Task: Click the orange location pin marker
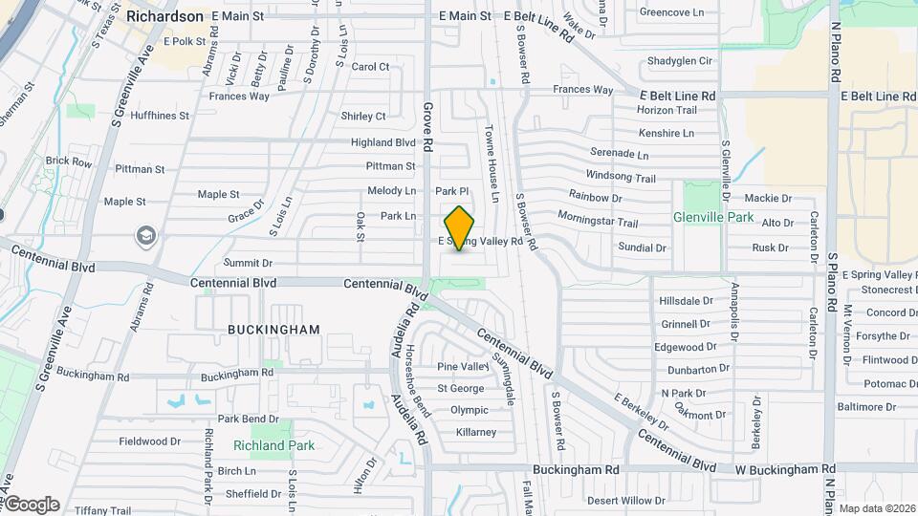tap(460, 227)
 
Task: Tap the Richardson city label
tap(164, 16)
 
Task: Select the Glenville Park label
tap(713, 217)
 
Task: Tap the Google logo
tap(32, 504)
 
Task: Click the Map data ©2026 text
tap(877, 507)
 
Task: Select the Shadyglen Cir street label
tap(680, 61)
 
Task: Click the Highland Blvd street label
tap(382, 142)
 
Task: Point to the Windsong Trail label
tap(621, 178)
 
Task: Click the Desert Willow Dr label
tap(625, 501)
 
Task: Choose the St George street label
tap(461, 388)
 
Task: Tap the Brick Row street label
tap(69, 162)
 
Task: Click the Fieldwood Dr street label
tap(149, 441)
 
